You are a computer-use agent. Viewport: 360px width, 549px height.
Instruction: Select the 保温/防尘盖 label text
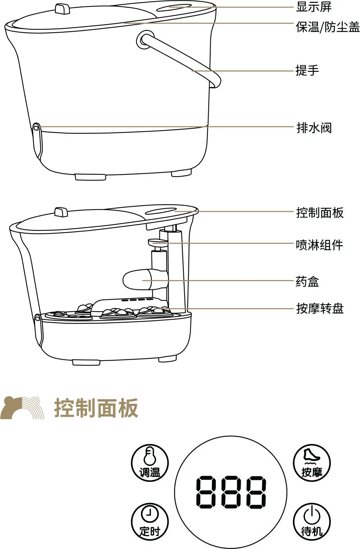click(x=328, y=27)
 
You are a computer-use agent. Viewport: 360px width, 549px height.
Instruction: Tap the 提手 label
click(x=307, y=70)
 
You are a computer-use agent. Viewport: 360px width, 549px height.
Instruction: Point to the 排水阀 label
click(x=314, y=128)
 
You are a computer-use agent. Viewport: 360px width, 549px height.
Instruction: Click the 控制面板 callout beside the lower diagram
click(x=320, y=212)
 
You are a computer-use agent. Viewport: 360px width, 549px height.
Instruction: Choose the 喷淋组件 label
click(x=319, y=245)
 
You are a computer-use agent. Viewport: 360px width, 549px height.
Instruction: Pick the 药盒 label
click(x=307, y=282)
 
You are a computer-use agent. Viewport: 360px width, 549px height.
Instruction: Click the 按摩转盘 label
click(x=320, y=308)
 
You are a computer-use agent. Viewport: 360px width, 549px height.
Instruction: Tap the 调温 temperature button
click(x=150, y=463)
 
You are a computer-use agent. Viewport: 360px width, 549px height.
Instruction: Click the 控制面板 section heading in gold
click(x=96, y=408)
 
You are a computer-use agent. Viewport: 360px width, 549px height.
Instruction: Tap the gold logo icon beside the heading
click(x=22, y=408)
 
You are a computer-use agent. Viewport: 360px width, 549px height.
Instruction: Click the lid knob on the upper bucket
click(x=62, y=9)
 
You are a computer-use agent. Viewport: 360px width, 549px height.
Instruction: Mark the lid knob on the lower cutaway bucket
click(x=61, y=212)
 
